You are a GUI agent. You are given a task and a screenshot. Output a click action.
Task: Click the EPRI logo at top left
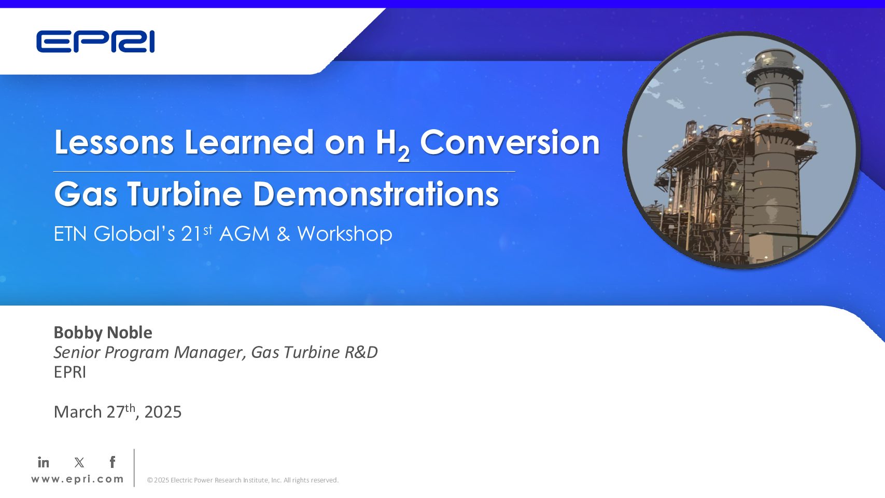[95, 41]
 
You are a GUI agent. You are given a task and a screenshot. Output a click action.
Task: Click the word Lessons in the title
[114, 142]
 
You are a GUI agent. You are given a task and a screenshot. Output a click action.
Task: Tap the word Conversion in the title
[510, 142]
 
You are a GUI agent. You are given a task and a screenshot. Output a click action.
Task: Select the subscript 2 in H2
[403, 154]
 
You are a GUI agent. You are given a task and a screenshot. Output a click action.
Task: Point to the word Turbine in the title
[185, 193]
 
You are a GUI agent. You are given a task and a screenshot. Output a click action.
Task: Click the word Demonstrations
[376, 193]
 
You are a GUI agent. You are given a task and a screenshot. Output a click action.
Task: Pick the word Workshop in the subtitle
[345, 233]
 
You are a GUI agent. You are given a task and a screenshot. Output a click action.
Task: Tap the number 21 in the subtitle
[191, 233]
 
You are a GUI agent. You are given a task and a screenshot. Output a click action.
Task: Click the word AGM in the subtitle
[244, 233]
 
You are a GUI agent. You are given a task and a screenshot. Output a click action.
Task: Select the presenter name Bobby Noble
[103, 333]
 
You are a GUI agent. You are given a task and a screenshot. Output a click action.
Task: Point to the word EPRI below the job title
[70, 372]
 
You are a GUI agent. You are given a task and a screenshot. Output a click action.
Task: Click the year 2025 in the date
[163, 412]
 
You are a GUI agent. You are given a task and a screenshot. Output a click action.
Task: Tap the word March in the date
[78, 412]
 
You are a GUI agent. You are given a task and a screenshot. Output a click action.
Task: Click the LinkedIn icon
[44, 462]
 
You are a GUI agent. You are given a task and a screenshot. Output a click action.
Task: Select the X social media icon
[79, 462]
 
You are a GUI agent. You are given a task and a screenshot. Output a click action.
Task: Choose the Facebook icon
[113, 462]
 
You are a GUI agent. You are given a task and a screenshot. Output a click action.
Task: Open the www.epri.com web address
[77, 479]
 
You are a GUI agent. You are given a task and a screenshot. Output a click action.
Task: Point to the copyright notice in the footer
[243, 480]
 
